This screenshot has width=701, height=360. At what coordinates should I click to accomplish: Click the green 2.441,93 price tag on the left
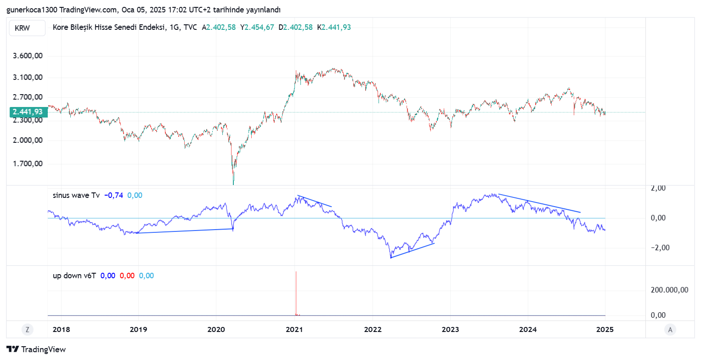pos(28,112)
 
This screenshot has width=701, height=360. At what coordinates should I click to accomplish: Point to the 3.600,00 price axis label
pos(28,56)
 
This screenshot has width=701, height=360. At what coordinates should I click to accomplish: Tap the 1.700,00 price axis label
pos(28,163)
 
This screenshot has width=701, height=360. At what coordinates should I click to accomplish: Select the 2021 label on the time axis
pos(294,329)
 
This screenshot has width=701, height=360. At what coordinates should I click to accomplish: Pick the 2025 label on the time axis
pos(605,329)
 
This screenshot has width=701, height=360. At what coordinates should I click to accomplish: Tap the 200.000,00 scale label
pos(669,290)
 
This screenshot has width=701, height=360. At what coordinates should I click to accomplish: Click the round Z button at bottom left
pos(28,329)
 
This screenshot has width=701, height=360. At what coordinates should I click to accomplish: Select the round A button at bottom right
pos(670,329)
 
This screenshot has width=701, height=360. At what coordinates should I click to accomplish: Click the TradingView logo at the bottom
pos(36,349)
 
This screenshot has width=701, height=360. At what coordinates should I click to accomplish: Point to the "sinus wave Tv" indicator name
pos(76,195)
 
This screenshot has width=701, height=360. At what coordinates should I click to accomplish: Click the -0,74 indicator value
pos(113,195)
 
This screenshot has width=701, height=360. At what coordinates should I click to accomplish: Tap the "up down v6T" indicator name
pos(74,276)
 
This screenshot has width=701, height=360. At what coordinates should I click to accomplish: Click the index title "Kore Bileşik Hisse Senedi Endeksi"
pos(110,27)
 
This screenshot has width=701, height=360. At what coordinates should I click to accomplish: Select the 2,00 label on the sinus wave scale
pos(658,188)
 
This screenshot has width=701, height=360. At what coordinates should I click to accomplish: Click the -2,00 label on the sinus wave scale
pos(657,247)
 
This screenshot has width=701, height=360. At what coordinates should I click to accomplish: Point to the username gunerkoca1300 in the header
pos(28,10)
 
